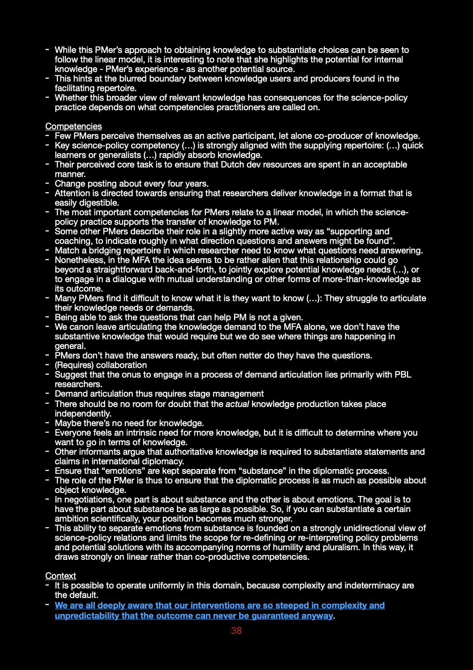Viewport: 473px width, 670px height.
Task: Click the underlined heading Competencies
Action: click(74, 126)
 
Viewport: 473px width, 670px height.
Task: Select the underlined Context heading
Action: click(60, 576)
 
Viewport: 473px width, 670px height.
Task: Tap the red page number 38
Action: click(236, 630)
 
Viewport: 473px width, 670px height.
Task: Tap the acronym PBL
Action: click(402, 374)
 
